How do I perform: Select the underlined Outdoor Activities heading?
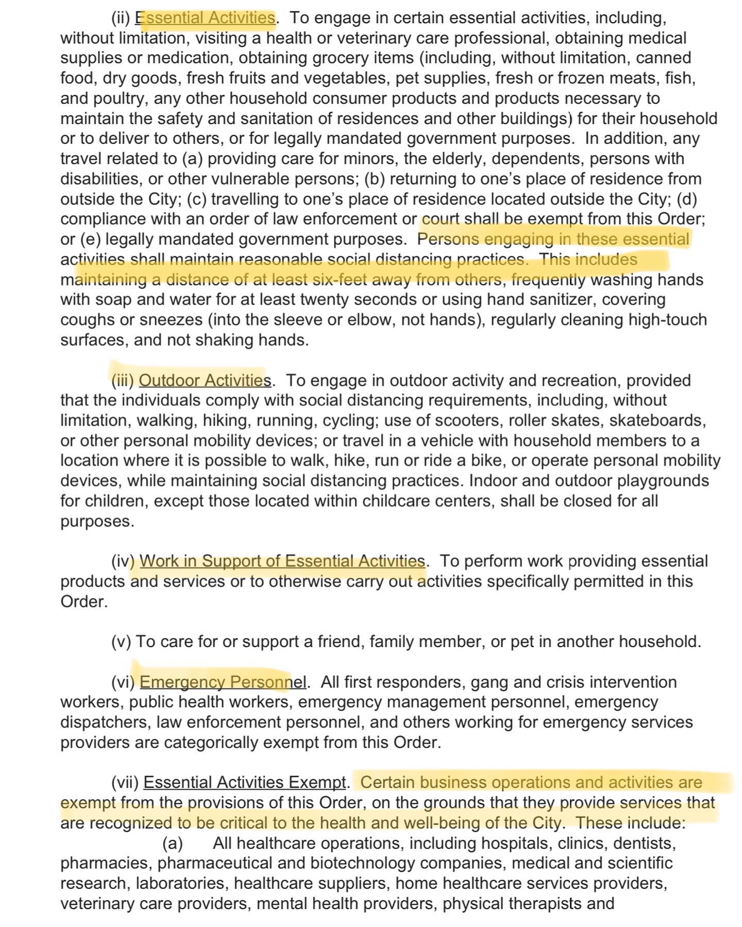(x=205, y=380)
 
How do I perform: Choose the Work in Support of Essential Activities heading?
(x=282, y=561)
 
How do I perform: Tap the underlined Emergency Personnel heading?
(x=223, y=682)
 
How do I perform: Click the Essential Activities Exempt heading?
(x=244, y=783)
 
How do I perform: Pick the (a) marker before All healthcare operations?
(x=173, y=844)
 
